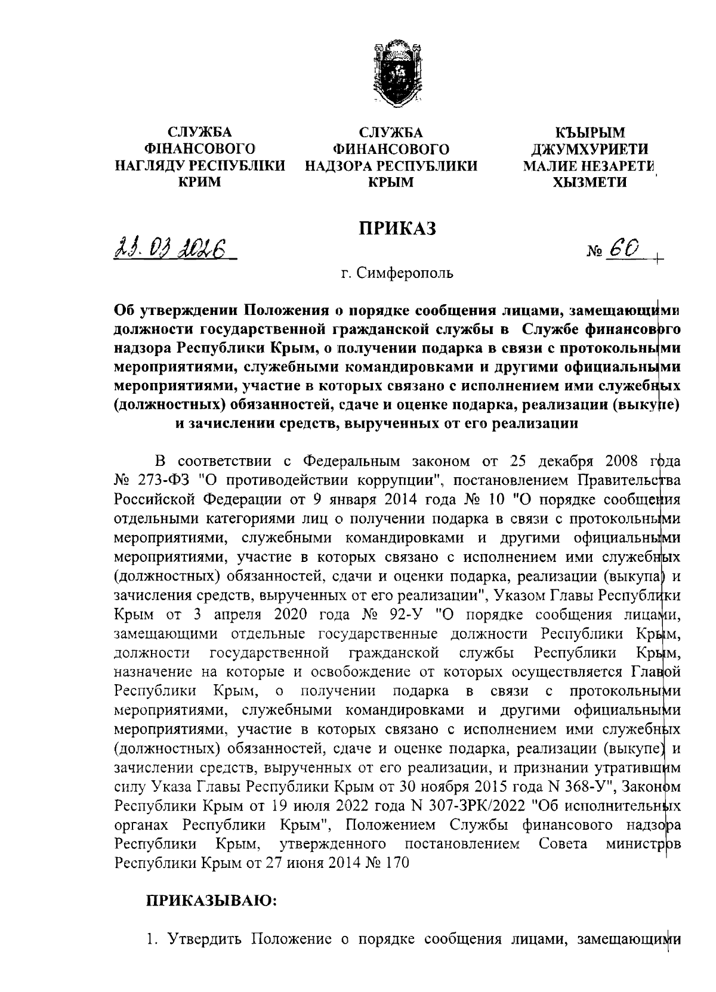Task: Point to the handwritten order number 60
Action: click(x=624, y=249)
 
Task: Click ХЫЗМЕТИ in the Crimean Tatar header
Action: click(x=588, y=182)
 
